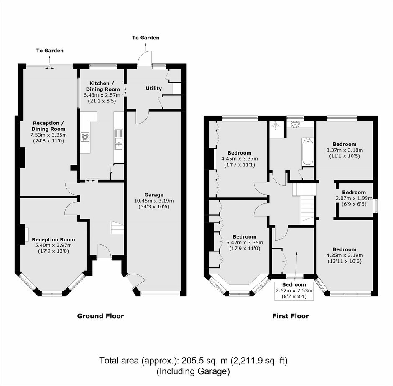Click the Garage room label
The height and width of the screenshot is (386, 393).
154,195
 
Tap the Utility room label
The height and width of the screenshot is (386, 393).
153,89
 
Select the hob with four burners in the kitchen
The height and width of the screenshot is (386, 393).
85,137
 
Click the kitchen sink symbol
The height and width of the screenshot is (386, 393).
119,140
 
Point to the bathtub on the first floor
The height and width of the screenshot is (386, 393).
308,151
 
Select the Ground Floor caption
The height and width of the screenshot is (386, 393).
100,316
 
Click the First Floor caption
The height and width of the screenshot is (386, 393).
291,316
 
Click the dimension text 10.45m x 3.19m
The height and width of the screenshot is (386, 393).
154,201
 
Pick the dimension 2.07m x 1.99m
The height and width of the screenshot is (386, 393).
354,198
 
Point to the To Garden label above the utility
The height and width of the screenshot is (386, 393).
145,38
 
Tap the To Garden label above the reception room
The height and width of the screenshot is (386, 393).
50,51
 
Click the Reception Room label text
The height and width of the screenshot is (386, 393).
54,239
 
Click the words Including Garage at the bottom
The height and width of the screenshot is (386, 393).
193,371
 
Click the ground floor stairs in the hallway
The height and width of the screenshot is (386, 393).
117,227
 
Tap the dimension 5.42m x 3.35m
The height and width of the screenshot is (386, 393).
245,242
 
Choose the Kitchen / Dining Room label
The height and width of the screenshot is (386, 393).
103,86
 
